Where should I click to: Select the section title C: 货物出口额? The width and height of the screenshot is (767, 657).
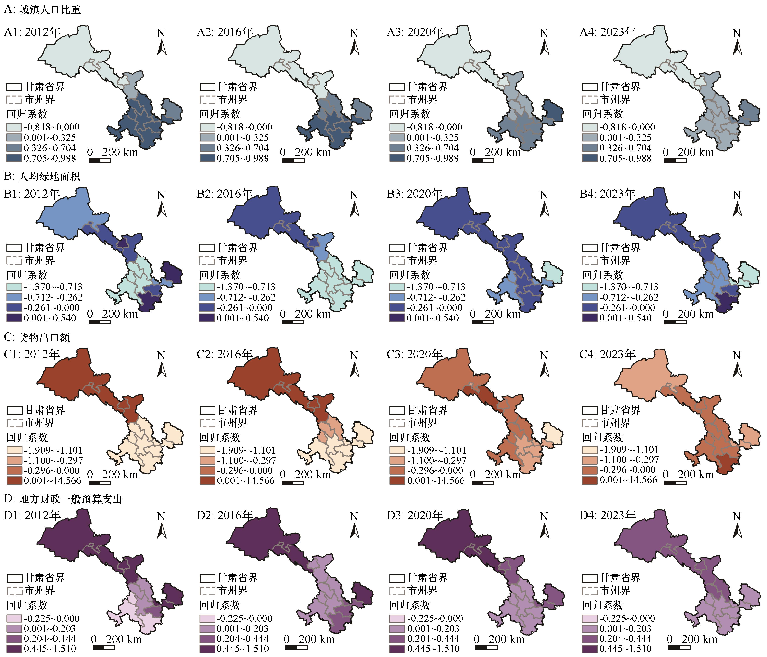37,337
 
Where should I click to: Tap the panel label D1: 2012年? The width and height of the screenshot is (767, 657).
32,515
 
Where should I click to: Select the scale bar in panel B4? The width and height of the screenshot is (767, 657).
675,322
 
